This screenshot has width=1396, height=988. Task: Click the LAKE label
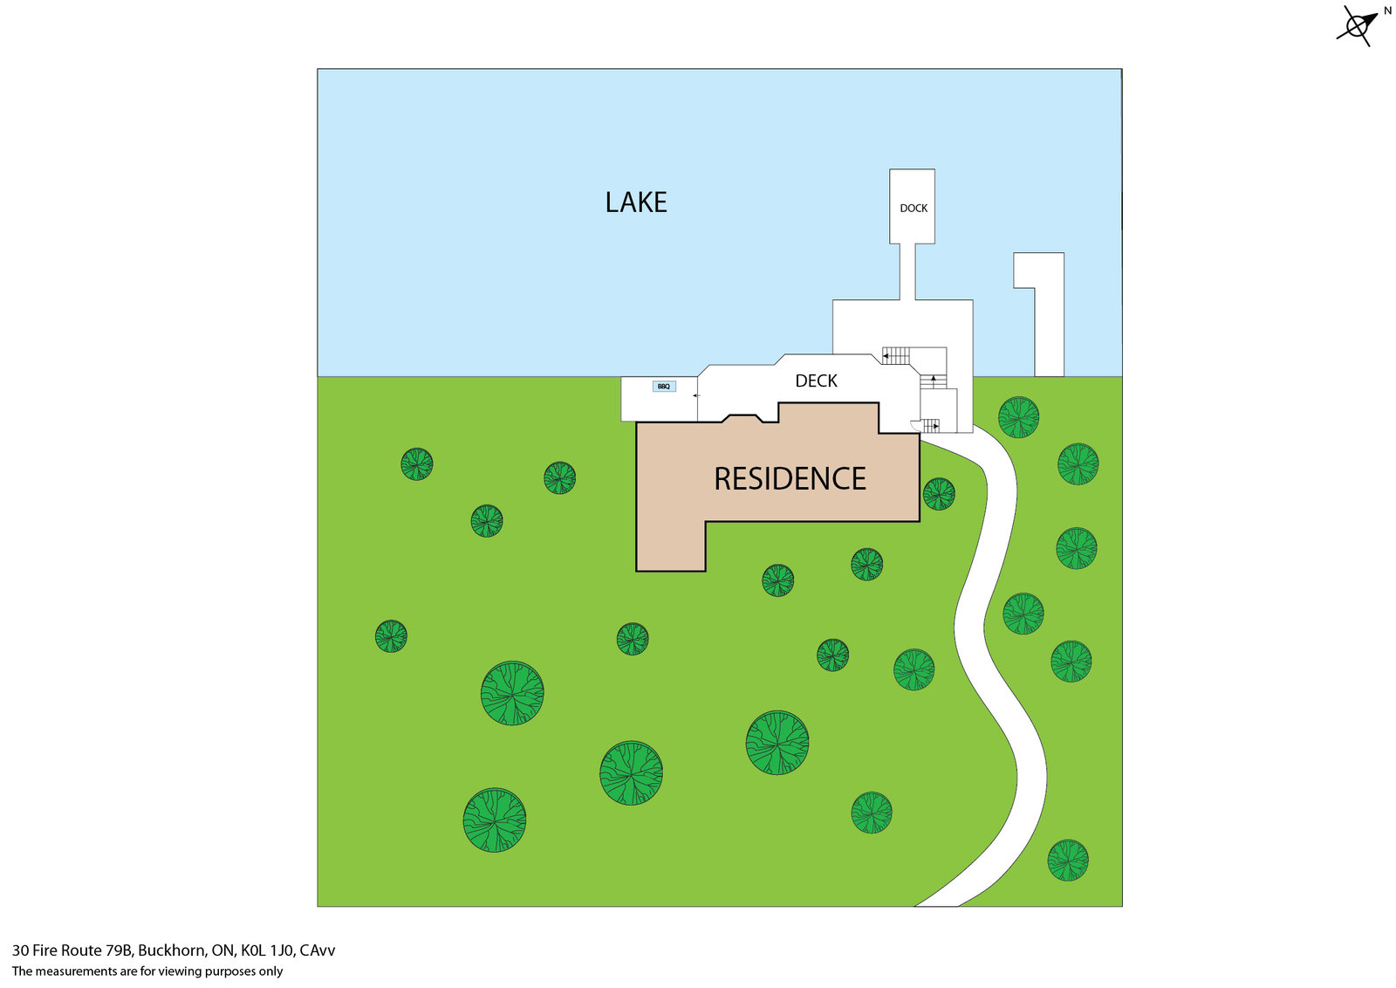pos(636,202)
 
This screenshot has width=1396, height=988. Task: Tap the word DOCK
pos(914,208)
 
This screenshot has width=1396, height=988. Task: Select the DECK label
pos(816,381)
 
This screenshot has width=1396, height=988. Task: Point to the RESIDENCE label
pos(790,478)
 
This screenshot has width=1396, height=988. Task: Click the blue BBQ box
pos(664,386)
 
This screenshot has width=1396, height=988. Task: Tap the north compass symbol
pos(1357,26)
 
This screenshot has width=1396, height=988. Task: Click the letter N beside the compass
pos(1387,11)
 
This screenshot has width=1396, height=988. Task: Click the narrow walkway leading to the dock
pos(907,271)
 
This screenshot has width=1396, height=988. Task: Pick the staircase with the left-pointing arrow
pos(896,355)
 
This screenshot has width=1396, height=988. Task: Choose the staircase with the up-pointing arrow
pos(933,381)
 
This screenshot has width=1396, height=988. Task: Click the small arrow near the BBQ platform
pos(696,395)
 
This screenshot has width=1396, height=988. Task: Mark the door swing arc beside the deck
pos(916,426)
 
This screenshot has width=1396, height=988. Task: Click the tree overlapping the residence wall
pos(939,494)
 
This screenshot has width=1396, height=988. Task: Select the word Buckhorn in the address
pos(172,950)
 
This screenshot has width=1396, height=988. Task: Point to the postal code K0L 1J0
pos(268,950)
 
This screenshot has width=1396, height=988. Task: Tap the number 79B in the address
pos(119,950)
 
